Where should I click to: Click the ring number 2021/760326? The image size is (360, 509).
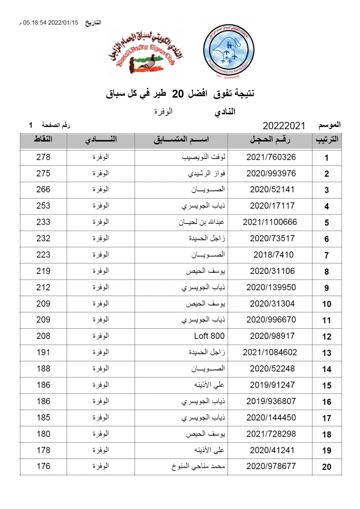[x=271, y=157]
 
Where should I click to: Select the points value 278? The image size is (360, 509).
[x=43, y=157]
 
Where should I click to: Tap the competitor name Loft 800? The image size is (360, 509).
[x=209, y=336]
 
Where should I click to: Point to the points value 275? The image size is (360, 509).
[x=43, y=173]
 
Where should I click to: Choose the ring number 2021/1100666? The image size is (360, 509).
[x=270, y=222]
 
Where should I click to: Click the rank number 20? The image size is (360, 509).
[x=326, y=467]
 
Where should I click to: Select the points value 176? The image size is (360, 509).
[x=43, y=466]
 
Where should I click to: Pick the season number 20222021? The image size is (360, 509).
[x=284, y=126]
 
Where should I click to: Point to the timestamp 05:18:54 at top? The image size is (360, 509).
[x=36, y=23]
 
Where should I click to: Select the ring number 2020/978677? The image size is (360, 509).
[x=271, y=466]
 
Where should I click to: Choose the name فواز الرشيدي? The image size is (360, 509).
[x=207, y=173]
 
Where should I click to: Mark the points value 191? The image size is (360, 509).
[x=43, y=352]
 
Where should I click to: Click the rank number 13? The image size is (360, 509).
[x=326, y=353]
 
